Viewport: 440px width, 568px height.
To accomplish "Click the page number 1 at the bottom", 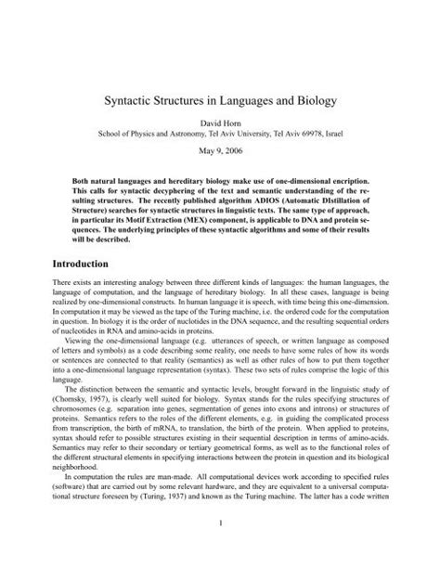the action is [x=219, y=546].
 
